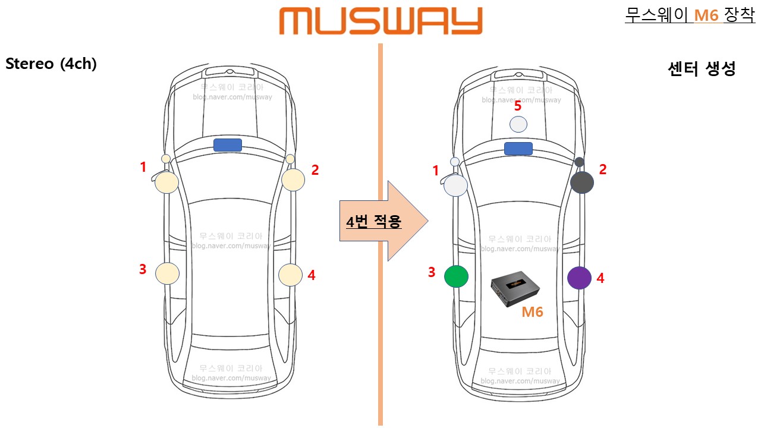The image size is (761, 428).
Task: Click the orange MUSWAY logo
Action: tap(380, 21)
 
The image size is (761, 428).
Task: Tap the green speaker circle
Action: tap(456, 276)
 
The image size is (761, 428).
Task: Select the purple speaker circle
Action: tap(579, 278)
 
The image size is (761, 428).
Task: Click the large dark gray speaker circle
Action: tap(582, 182)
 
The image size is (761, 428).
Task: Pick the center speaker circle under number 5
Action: tap(518, 124)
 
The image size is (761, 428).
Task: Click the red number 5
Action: tap(518, 106)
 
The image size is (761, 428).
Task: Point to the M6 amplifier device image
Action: tap(515, 289)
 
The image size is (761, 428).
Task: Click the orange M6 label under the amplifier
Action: tap(532, 311)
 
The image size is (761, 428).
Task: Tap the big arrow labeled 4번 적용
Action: tap(383, 221)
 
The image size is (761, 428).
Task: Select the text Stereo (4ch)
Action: tap(51, 64)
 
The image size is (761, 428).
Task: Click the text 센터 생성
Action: tap(702, 69)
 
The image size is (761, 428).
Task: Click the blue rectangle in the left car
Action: tap(228, 145)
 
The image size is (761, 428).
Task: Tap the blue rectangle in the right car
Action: tap(518, 148)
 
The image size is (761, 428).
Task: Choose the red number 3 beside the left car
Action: tap(143, 269)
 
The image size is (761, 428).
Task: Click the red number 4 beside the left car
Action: tap(312, 275)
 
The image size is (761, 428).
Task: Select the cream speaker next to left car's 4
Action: tap(290, 275)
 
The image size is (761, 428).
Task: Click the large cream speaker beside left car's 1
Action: tap(167, 182)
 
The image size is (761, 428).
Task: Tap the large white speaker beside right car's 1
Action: tap(456, 185)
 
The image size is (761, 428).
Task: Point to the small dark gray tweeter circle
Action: tap(580, 162)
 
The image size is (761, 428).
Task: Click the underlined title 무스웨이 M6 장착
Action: tap(690, 15)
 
